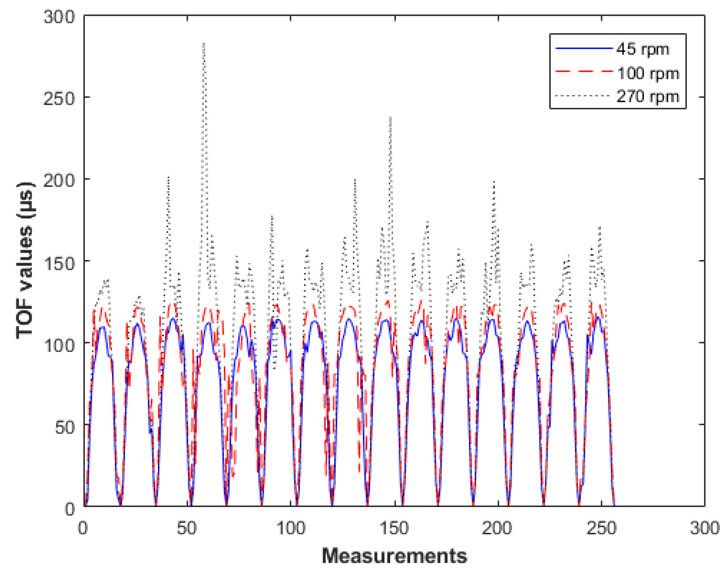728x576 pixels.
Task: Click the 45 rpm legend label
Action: click(x=642, y=50)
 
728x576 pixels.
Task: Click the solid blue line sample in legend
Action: click(x=584, y=49)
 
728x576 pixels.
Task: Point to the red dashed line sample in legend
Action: click(x=584, y=71)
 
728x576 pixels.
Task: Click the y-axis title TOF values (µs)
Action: click(x=25, y=260)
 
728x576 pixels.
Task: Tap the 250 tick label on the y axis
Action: click(x=59, y=98)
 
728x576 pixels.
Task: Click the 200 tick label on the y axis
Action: click(x=59, y=180)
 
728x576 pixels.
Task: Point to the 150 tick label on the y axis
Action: click(x=59, y=262)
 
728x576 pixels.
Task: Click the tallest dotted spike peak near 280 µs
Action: click(x=204, y=43)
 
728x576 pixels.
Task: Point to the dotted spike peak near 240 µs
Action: click(x=390, y=117)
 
